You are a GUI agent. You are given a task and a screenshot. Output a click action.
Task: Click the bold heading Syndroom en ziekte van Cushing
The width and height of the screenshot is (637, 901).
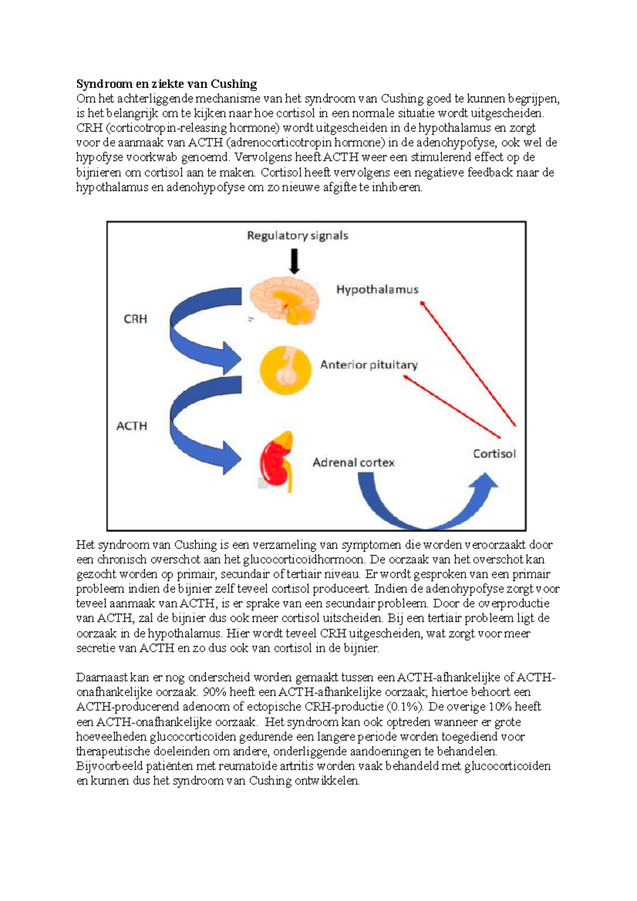click(x=166, y=84)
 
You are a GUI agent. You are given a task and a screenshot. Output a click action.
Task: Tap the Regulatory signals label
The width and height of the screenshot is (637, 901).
click(x=297, y=236)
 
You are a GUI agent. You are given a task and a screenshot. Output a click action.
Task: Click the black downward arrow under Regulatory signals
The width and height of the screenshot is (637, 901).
click(x=294, y=262)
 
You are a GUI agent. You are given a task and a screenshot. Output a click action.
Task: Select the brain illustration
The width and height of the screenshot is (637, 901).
click(x=284, y=299)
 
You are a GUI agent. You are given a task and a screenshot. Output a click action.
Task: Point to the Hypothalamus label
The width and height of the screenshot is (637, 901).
click(x=377, y=290)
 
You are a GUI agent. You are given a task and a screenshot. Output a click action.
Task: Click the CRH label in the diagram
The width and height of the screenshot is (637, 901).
click(x=135, y=319)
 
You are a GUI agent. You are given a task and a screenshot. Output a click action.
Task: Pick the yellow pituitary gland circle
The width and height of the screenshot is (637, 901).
click(x=285, y=370)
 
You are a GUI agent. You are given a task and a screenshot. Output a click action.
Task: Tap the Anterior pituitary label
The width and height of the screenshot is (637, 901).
click(x=368, y=365)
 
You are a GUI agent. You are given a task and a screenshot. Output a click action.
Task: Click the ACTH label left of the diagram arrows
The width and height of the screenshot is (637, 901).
click(x=132, y=426)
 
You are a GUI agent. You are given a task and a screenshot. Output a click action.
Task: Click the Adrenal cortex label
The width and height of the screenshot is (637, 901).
click(x=353, y=463)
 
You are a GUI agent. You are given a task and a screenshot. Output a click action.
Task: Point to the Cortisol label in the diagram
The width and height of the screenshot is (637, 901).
click(x=494, y=454)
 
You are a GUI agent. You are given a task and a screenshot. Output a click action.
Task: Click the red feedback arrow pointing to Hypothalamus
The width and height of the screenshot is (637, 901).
click(x=467, y=363)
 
